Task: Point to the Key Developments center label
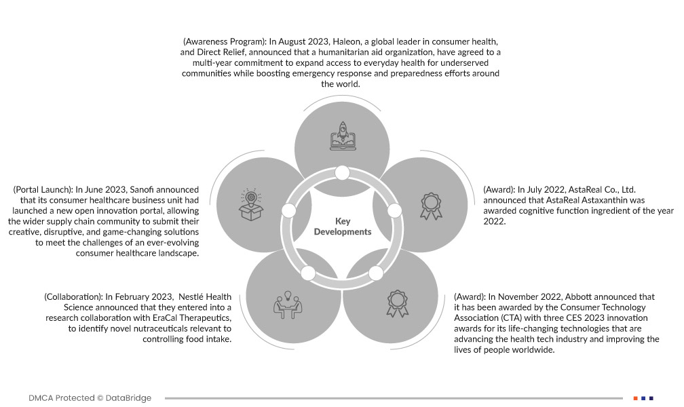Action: [x=343, y=227]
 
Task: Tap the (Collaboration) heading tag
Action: [x=73, y=296]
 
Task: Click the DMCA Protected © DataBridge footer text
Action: [x=90, y=398]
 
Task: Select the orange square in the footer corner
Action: [x=635, y=398]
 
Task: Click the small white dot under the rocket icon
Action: [x=342, y=172]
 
